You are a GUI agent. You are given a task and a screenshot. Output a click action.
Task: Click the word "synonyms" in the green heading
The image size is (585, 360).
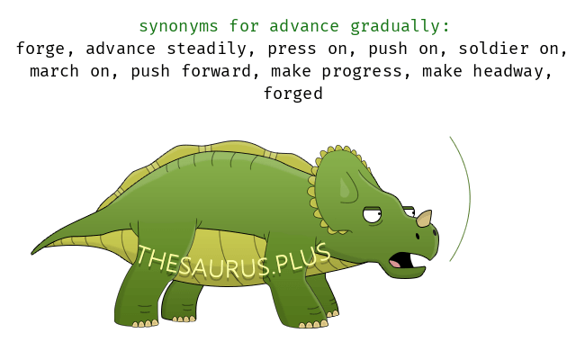(178, 27)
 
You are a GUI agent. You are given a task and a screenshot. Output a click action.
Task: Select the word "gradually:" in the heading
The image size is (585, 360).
(400, 27)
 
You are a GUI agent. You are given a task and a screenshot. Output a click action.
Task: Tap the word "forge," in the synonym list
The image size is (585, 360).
(45, 49)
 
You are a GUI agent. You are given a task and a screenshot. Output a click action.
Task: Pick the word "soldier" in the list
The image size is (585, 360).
(493, 49)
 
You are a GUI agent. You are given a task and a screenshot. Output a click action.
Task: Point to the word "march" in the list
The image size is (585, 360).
(54, 71)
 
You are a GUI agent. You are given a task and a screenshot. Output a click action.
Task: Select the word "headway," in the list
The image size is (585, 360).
(513, 72)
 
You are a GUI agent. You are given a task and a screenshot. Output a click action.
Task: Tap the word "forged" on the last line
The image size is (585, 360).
(292, 94)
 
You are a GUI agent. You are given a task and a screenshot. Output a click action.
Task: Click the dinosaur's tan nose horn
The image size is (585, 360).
(424, 218)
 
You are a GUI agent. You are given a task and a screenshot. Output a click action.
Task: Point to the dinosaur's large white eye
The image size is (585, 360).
(372, 215)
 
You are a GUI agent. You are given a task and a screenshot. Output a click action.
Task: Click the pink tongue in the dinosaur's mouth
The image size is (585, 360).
(395, 264)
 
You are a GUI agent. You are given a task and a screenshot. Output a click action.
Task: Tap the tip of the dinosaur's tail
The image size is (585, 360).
(32, 254)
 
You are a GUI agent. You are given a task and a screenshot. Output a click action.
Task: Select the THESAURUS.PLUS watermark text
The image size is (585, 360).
(234, 261)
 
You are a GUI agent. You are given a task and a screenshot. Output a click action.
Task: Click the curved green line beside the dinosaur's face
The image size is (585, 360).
(470, 198)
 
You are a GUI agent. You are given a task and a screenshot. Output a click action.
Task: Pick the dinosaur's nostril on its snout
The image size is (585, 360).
(418, 236)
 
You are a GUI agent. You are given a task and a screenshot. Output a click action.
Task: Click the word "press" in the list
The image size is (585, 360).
(292, 49)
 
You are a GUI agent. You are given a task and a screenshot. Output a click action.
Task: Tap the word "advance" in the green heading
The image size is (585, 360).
(303, 27)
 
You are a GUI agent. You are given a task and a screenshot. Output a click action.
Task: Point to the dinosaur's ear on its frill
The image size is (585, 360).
(347, 188)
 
